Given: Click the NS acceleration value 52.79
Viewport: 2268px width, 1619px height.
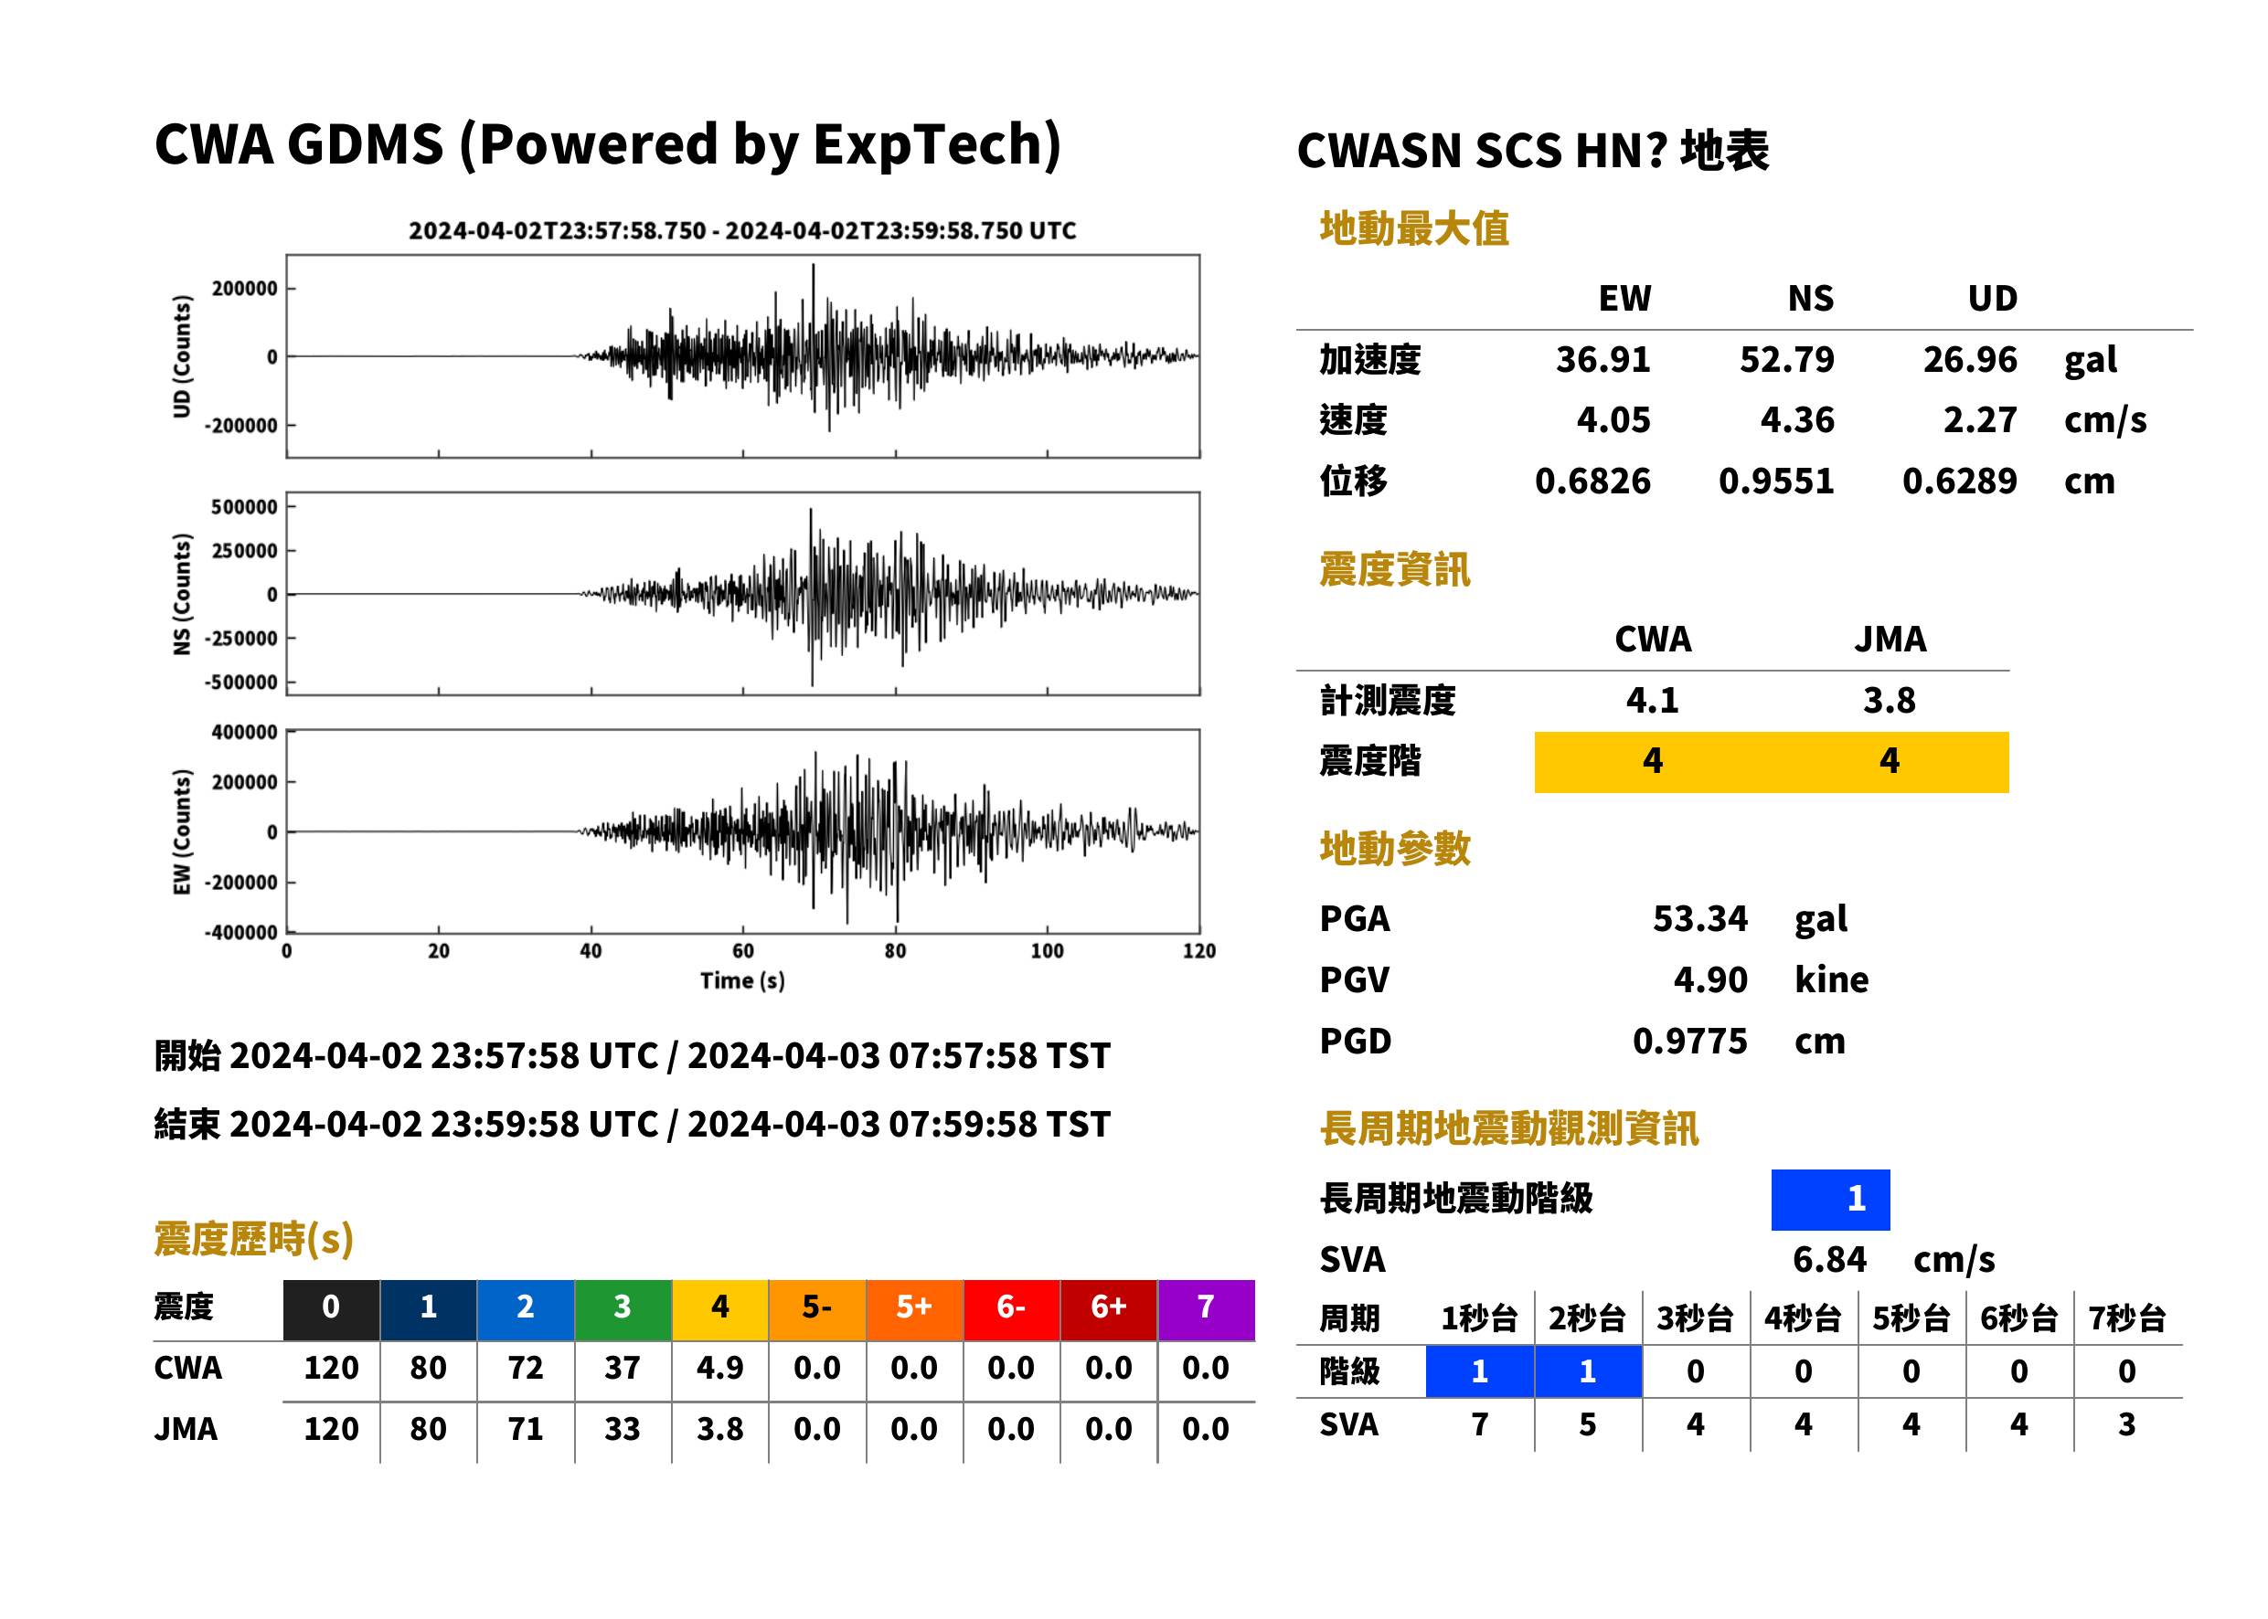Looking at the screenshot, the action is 1786,359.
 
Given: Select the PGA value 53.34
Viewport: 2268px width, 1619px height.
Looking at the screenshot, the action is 1699,918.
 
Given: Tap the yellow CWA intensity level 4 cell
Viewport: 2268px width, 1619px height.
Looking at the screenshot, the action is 1653,762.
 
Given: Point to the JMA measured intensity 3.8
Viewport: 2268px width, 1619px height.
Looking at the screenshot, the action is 1889,700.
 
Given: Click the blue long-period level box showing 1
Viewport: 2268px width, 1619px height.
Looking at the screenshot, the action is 1830,1200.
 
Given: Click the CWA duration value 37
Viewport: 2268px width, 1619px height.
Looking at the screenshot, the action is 623,1368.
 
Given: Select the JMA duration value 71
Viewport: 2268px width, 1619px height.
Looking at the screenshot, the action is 526,1429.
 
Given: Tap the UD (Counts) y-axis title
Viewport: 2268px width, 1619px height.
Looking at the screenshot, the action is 182,356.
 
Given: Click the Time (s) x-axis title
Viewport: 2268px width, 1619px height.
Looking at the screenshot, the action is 742,981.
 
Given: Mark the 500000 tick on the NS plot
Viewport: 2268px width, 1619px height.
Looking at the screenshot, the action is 244,506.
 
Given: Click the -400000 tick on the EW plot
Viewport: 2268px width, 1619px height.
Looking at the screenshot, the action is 241,932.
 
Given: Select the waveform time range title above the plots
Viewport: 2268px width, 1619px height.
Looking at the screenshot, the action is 742,230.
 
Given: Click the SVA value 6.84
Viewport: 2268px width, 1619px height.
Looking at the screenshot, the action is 1829,1260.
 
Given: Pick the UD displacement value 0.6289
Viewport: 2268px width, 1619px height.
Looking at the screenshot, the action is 1960,481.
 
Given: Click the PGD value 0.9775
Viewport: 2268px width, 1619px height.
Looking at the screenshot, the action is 1689,1041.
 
